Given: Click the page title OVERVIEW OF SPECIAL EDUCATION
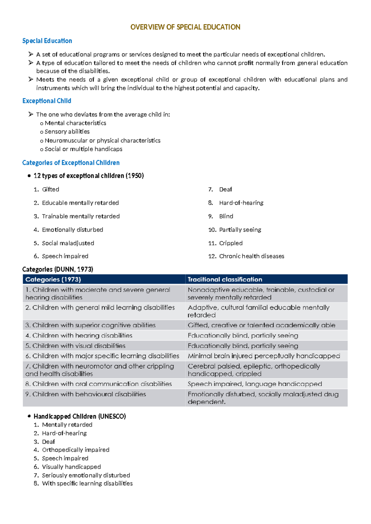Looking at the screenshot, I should [x=185, y=27].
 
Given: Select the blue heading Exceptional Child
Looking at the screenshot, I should [x=47, y=101].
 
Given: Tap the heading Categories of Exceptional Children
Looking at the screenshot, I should [x=71, y=163].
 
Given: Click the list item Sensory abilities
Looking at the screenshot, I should [x=67, y=132].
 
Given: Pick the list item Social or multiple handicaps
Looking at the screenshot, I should [x=83, y=149].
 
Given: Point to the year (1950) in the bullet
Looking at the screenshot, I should [x=134, y=176].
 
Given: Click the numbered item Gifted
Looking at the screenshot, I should [x=50, y=189].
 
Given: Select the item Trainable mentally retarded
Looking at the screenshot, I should [x=81, y=216].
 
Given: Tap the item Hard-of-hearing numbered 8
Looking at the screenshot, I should [x=241, y=203].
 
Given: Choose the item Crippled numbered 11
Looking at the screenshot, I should [x=231, y=243].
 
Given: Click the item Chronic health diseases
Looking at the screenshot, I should [x=251, y=256].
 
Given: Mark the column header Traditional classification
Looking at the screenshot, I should [x=225, y=279].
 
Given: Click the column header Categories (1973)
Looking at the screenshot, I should [x=53, y=279].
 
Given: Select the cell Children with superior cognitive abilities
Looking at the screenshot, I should [x=94, y=325].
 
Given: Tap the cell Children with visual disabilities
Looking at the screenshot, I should [x=79, y=346].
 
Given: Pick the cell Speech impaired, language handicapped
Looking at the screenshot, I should [x=255, y=384].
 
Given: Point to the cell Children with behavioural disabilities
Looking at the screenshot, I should [x=89, y=394].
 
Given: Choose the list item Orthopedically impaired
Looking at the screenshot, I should [x=75, y=450].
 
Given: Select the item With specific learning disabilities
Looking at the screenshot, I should [x=87, y=484].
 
